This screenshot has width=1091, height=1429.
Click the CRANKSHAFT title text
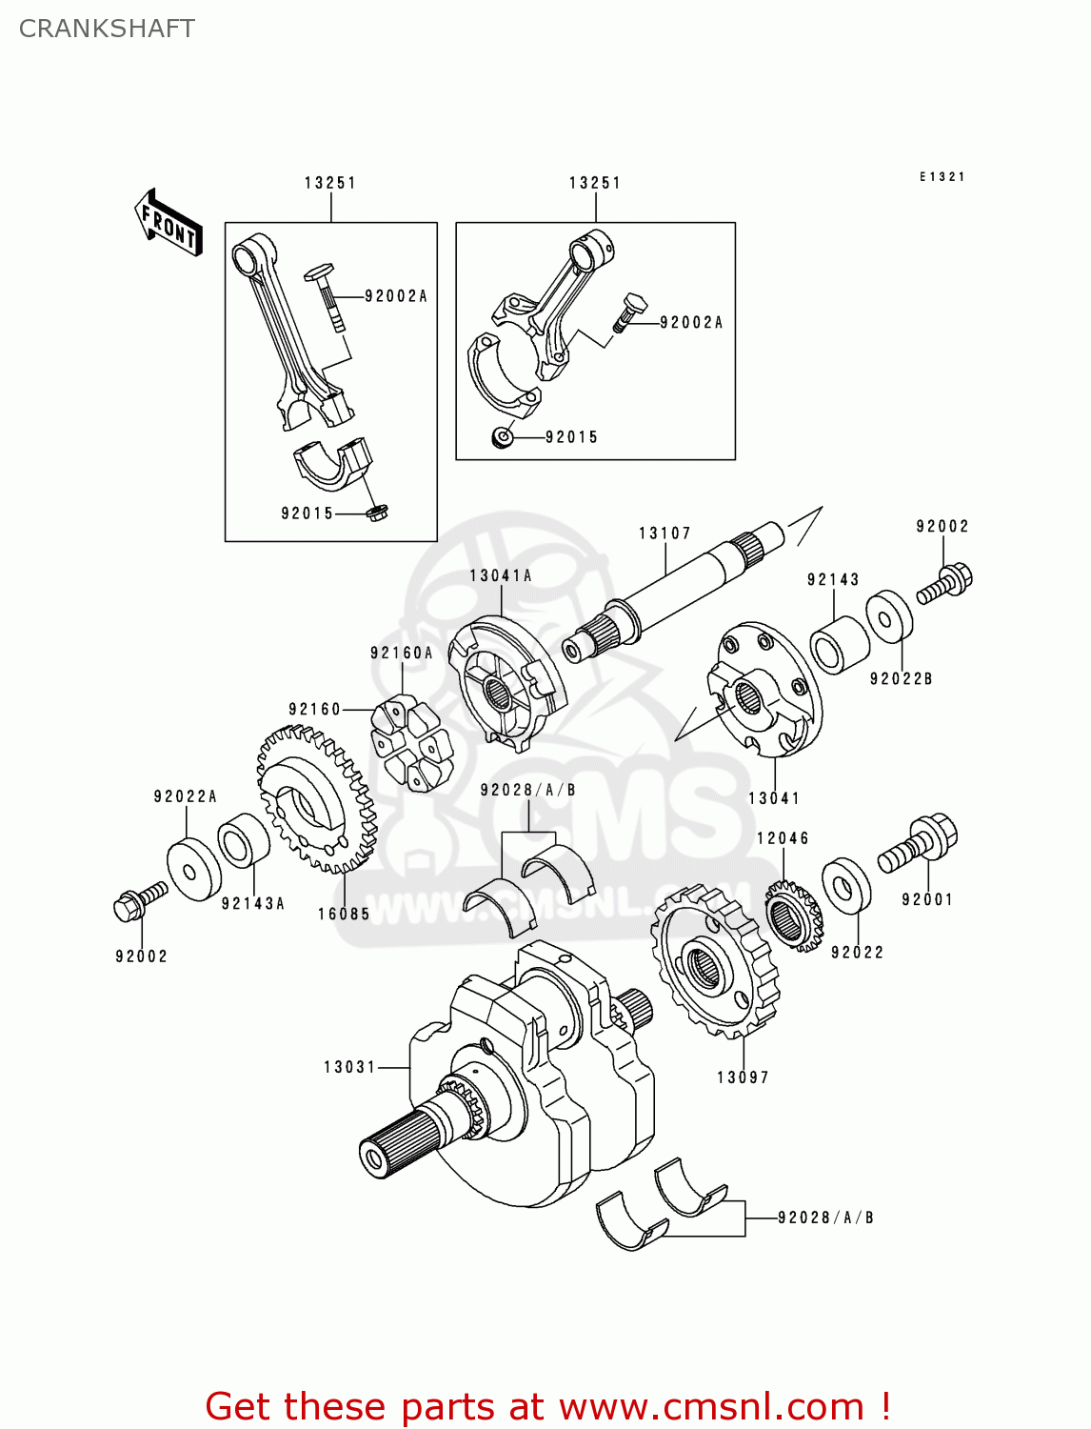(x=107, y=29)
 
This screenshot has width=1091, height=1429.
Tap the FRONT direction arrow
(x=169, y=224)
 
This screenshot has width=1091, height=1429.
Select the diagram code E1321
(x=942, y=177)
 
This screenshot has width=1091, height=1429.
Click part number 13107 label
(x=665, y=533)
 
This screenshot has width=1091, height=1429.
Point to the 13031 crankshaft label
(x=350, y=1067)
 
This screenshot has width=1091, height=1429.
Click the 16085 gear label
(x=344, y=914)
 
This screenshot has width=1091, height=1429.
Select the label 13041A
(x=501, y=575)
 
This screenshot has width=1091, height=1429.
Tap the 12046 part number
(x=783, y=838)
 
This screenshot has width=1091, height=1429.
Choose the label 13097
(x=743, y=1077)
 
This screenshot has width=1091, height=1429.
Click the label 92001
(x=927, y=899)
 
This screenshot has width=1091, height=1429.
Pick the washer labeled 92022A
(x=193, y=869)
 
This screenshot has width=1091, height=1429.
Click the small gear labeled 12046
(x=792, y=916)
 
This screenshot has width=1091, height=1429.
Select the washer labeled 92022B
(x=889, y=617)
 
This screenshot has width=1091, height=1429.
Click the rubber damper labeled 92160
(x=406, y=743)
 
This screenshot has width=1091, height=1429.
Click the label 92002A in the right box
(x=691, y=323)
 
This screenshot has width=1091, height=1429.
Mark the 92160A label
(x=402, y=653)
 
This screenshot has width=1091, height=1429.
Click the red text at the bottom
(x=547, y=1406)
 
